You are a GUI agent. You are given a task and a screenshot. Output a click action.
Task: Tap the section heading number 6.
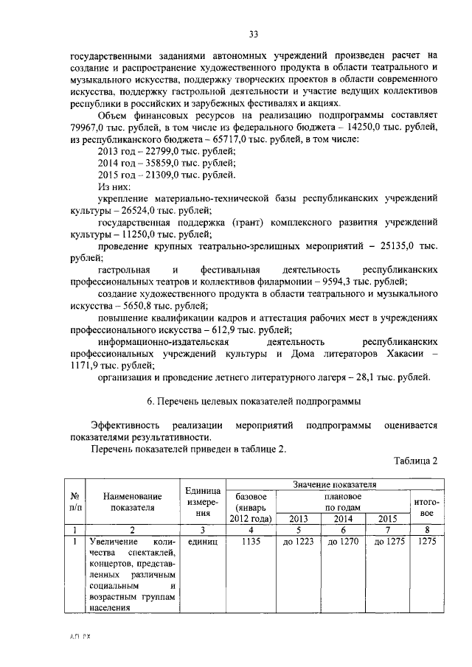pyautogui.click(x=150, y=402)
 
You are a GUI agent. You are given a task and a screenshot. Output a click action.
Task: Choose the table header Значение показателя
pyautogui.click(x=333, y=484)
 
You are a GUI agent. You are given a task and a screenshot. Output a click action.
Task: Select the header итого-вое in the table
pyautogui.click(x=426, y=507)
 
